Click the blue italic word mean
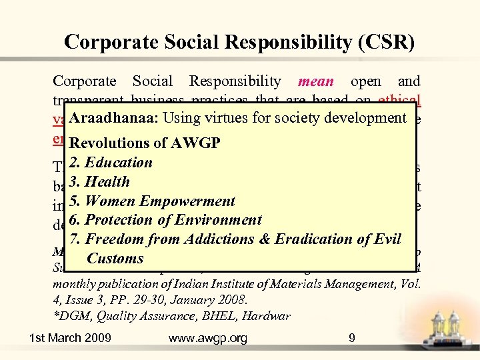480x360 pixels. (316, 81)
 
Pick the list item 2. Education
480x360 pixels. (111, 162)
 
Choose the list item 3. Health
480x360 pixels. (100, 181)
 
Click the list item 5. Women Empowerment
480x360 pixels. (153, 201)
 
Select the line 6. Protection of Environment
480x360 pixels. (166, 219)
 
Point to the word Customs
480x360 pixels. (115, 258)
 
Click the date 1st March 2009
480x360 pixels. (70, 339)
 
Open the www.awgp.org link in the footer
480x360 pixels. (208, 339)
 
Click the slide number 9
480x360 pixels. (352, 339)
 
